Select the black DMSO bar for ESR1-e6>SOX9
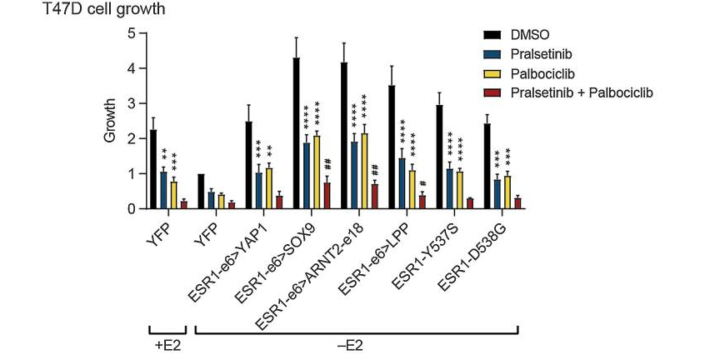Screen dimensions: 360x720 [x=296, y=133]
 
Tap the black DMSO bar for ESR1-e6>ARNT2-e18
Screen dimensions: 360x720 [x=344, y=136]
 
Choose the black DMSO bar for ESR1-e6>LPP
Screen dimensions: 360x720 [x=392, y=147]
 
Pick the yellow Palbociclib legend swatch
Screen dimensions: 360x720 [x=492, y=73]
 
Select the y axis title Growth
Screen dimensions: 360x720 [x=110, y=121]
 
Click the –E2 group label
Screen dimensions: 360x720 [x=356, y=342]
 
